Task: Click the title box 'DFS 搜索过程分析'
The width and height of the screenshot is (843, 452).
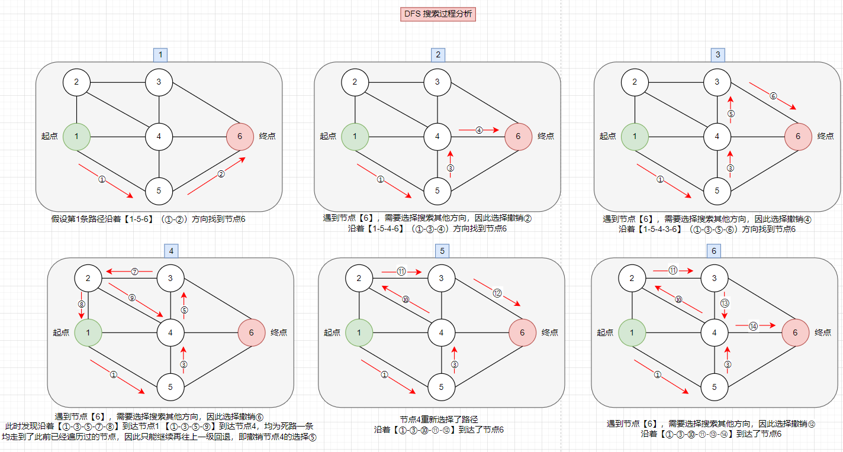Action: (x=438, y=14)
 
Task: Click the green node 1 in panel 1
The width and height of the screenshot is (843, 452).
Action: (x=76, y=137)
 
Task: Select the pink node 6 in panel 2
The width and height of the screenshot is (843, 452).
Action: (x=519, y=137)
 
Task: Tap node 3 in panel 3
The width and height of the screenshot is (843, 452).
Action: (x=717, y=82)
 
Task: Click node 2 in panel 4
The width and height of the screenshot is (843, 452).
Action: (x=88, y=277)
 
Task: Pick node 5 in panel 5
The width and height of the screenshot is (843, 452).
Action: (x=441, y=387)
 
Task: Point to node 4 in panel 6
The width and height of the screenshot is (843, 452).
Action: (x=715, y=332)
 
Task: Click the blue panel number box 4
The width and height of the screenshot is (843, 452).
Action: (x=171, y=251)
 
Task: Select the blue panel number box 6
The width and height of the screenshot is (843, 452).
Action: (x=715, y=251)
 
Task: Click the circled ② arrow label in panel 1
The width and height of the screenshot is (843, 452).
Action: (x=221, y=174)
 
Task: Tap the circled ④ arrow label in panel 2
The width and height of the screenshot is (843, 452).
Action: (x=480, y=130)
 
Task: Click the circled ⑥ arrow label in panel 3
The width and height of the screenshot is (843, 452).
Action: (x=773, y=96)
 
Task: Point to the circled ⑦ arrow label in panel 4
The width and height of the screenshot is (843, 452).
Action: (x=134, y=272)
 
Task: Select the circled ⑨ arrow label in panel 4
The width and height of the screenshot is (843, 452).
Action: (x=132, y=298)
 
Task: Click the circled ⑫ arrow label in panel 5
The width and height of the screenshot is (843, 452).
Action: (x=497, y=292)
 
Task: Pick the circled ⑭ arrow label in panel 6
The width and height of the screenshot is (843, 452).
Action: (x=753, y=325)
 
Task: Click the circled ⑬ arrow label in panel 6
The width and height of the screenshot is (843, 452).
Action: (x=725, y=303)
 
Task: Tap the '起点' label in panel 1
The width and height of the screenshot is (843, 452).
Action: (x=50, y=136)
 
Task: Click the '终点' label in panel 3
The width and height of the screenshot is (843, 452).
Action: (x=825, y=136)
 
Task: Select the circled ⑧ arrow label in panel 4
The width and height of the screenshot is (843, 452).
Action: (x=82, y=304)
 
